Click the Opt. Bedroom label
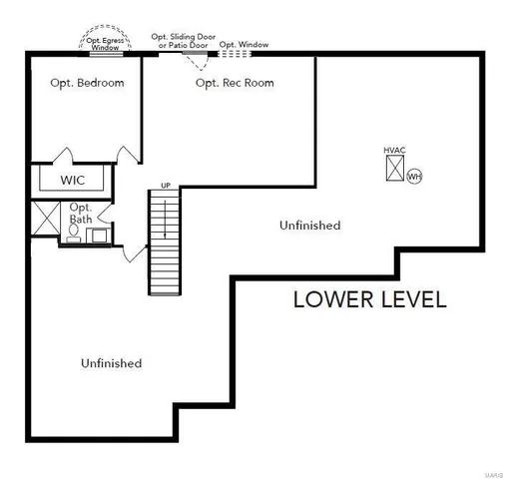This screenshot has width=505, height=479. pos(88,83)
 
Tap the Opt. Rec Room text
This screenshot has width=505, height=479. pos(235,83)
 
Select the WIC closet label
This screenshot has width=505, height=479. pos(73,181)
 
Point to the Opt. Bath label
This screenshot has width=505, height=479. pos(81,213)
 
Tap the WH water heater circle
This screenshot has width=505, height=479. pos(414,177)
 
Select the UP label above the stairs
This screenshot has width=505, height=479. pos(166,186)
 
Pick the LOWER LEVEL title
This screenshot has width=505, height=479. pos(369,298)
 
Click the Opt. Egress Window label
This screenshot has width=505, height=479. pos(104,43)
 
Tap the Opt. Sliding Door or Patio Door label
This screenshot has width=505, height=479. pos(183,41)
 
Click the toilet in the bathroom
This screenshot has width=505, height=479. pos(75,232)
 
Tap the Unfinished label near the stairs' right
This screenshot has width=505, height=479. pos(309,226)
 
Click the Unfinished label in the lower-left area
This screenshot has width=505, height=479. pos(111,363)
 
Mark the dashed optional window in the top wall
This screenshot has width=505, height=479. pos(235,53)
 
